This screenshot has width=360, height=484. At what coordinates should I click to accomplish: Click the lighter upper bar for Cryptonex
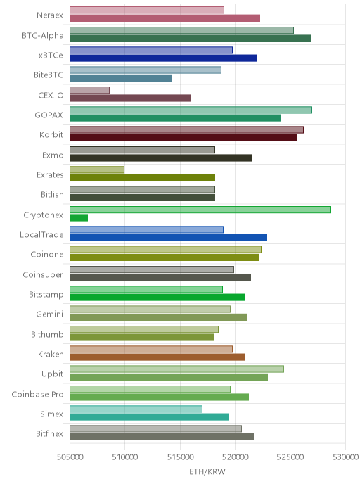(200, 210)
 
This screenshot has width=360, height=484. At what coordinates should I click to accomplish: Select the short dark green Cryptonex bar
(79, 217)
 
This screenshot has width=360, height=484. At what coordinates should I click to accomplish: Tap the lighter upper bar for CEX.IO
(89, 90)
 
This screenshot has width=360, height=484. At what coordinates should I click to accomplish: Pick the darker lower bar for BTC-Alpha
(191, 38)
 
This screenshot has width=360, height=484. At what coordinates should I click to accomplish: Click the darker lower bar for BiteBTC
(121, 78)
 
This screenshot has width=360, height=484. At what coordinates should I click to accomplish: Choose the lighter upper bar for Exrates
(97, 170)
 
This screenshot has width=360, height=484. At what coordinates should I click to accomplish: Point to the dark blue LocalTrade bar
(169, 237)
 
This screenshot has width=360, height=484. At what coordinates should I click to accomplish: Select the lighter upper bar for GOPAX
(191, 110)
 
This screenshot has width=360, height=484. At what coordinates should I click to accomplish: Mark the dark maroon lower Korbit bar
(184, 138)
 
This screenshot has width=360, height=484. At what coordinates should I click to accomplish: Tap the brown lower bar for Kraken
(157, 357)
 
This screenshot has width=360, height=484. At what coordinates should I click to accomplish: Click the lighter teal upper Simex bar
(136, 409)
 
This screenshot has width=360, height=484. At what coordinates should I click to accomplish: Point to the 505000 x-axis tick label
(70, 457)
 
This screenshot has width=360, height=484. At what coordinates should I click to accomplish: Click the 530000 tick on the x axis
(345, 457)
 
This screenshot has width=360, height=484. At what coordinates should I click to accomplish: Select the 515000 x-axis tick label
(180, 457)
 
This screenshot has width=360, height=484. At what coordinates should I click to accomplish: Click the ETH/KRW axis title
(207, 471)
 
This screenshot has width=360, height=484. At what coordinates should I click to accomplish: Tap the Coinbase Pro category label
(37, 394)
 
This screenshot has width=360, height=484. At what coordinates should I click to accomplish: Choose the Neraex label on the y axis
(50, 15)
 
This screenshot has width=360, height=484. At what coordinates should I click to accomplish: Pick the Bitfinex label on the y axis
(49, 433)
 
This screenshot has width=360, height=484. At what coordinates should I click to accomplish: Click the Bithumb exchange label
(47, 334)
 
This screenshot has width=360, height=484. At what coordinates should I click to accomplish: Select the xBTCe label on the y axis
(51, 56)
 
